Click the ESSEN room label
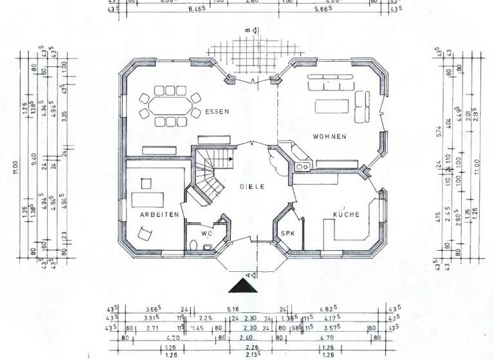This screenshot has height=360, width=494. (x=217, y=112)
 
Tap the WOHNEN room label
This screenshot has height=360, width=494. (x=329, y=136)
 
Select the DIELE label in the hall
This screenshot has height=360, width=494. (x=252, y=186)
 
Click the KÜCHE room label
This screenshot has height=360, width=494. (x=345, y=214)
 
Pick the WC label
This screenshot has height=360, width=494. (x=206, y=233)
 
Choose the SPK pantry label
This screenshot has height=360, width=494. (x=288, y=233)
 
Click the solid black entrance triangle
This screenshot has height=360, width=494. (x=242, y=285)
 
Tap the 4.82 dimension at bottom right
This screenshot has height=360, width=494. (x=329, y=309)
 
